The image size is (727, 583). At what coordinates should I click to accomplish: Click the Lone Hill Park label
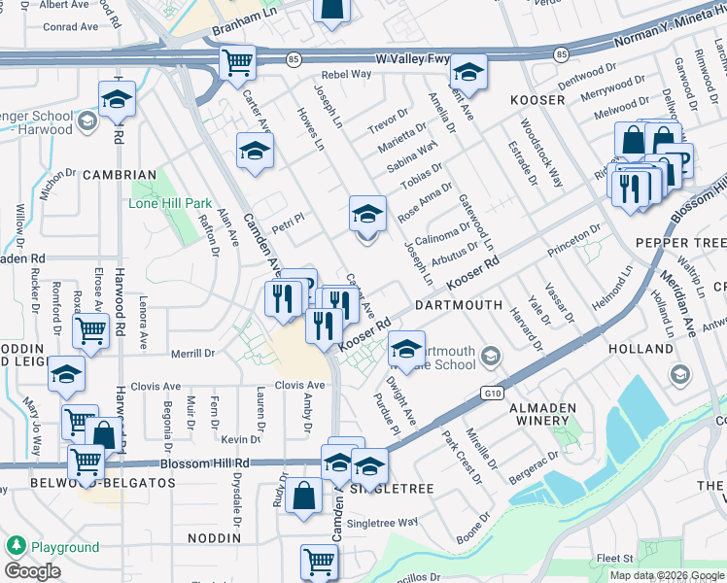pos(170,203)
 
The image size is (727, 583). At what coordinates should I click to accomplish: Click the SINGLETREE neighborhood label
pos(393,489)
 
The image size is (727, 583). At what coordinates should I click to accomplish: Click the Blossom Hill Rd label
pos(206,463)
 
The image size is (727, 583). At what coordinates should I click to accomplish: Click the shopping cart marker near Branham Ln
pos(237,63)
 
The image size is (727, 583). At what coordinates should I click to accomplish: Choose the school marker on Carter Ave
pos(255,151)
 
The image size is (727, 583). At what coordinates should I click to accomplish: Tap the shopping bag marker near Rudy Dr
pos(305,495)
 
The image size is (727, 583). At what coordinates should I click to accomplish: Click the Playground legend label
pos(65,547)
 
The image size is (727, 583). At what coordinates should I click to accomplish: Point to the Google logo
pos(32,571)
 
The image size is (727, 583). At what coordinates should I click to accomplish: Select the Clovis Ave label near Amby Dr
pos(299,386)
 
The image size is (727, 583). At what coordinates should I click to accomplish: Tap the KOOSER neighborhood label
pos(537,100)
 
